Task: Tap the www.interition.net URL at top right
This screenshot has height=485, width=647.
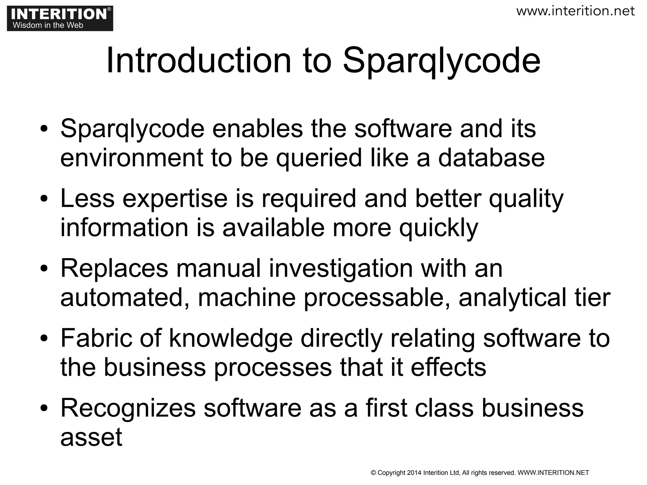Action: tap(575, 11)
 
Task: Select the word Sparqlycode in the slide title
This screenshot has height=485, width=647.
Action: tap(442, 62)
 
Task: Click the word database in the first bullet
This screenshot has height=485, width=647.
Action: tap(491, 158)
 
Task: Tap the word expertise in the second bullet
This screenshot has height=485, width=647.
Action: tap(175, 198)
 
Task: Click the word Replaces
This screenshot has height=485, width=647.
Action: tap(114, 268)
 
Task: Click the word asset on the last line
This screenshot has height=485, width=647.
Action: tap(91, 438)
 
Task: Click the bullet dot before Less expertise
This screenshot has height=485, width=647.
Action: tap(44, 199)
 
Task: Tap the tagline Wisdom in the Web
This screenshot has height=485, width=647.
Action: tap(48, 25)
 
